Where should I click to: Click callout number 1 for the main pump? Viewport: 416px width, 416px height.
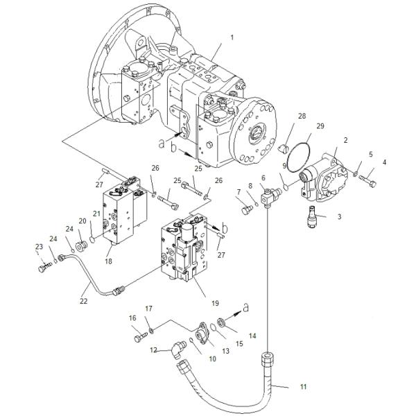[x=232, y=36]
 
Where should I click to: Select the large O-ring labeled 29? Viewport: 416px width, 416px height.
[x=300, y=157]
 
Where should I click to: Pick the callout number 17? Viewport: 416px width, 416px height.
[x=148, y=308]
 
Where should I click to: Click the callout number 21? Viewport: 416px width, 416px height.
[x=96, y=214]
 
